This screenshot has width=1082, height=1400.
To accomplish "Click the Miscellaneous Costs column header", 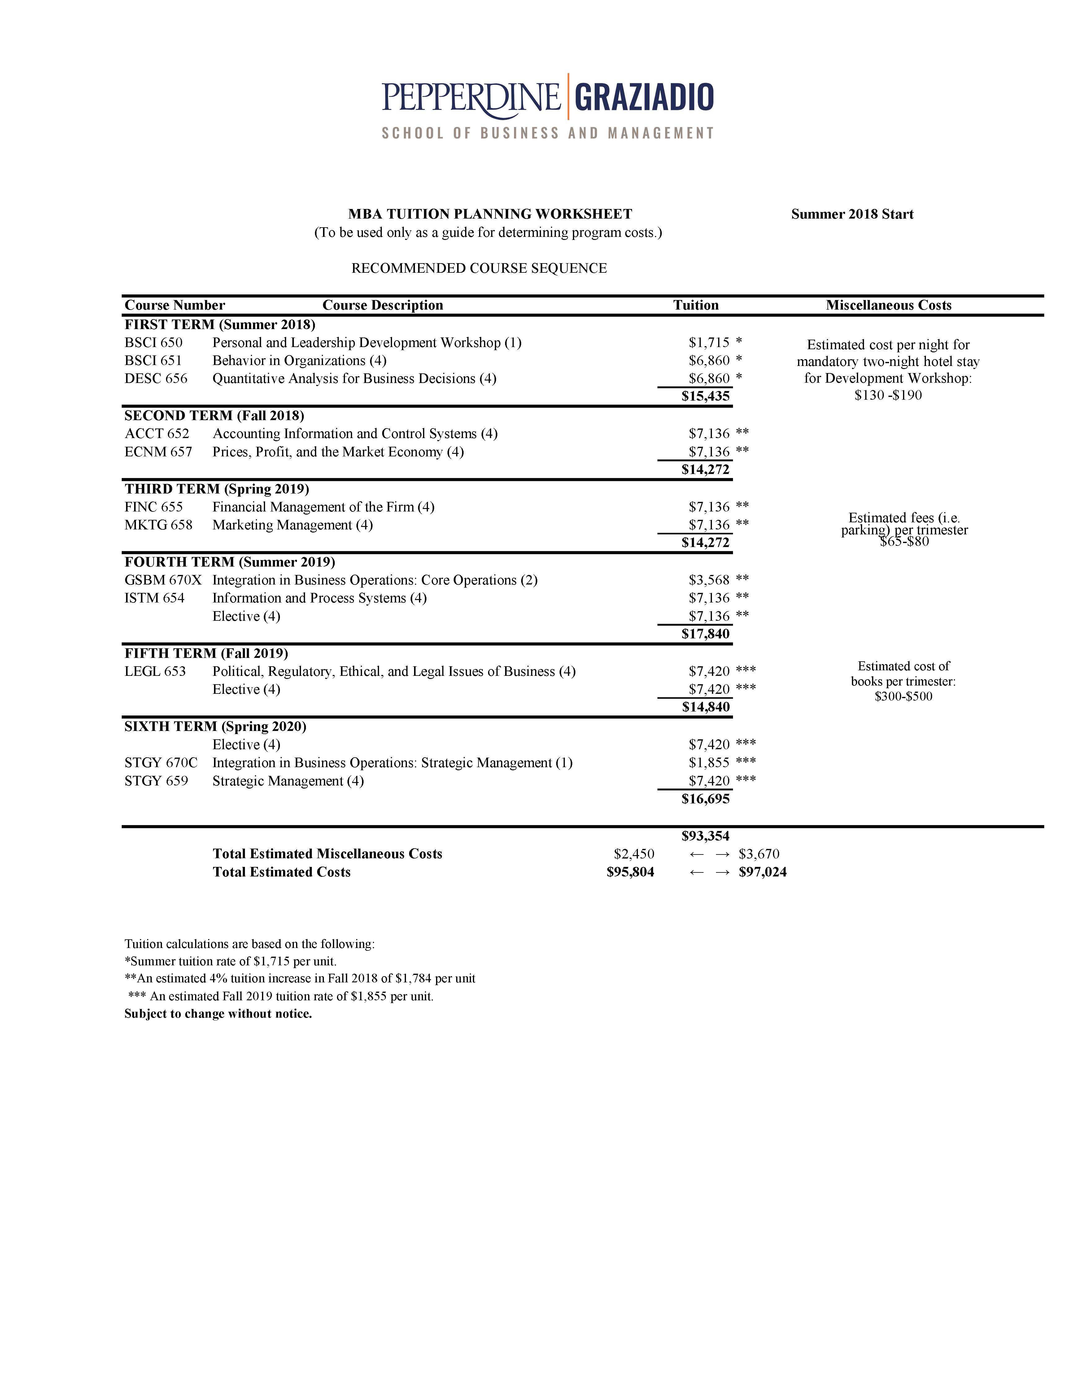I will (x=888, y=305).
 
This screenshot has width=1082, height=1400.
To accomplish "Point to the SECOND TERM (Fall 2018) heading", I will (x=214, y=415).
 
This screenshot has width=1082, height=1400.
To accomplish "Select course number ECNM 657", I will (x=158, y=452).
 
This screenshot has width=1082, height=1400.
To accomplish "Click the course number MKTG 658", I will (x=158, y=525).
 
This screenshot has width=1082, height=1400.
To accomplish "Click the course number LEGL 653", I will (x=155, y=671).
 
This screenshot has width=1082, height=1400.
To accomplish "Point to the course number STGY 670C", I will (x=161, y=763).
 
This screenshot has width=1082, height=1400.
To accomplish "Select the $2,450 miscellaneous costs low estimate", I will (x=634, y=854).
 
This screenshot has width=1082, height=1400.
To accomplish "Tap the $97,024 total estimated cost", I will (x=763, y=872).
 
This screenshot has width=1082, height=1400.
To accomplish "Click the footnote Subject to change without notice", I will (x=218, y=1014).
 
